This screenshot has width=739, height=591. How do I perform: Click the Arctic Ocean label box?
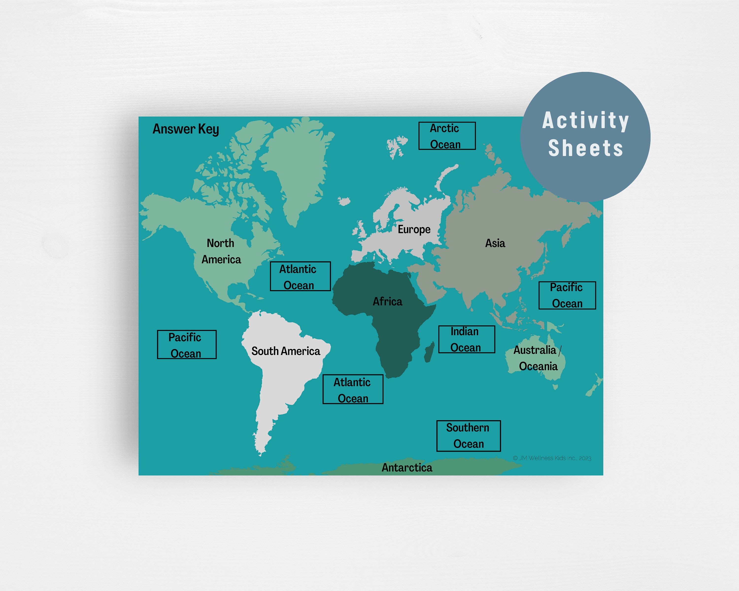click(447, 136)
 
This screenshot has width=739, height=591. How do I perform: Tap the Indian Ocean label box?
click(467, 339)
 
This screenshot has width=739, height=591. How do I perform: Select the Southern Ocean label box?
click(468, 436)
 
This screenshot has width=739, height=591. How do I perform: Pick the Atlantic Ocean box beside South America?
click(353, 389)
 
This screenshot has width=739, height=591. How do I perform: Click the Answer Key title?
click(185, 129)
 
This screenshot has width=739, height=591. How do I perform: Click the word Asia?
click(495, 243)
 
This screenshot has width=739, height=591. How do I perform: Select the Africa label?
click(387, 301)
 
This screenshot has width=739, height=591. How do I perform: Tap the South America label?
click(286, 351)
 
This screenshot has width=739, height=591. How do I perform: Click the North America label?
click(221, 251)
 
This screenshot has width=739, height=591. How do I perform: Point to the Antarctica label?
click(407, 468)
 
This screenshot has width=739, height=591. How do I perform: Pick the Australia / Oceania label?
click(537, 358)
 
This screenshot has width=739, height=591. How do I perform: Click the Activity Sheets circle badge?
click(585, 136)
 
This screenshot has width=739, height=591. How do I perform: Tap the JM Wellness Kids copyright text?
click(552, 458)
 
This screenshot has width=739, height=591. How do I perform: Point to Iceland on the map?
click(344, 201)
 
